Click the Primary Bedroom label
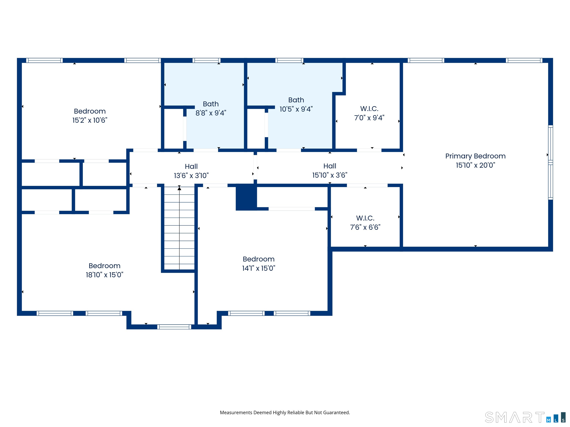[x=475, y=156]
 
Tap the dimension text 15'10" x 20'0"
[x=475, y=165]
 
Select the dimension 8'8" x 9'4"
[x=211, y=113]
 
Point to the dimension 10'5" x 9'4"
[x=296, y=109]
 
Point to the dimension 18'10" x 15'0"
[x=105, y=275]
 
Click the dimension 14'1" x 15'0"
[x=259, y=268]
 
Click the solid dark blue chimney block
[x=246, y=197]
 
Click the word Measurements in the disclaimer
[x=236, y=413]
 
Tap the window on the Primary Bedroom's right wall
[x=550, y=162]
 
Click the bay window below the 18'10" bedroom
[x=174, y=327]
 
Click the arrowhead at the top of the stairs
[x=179, y=188]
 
